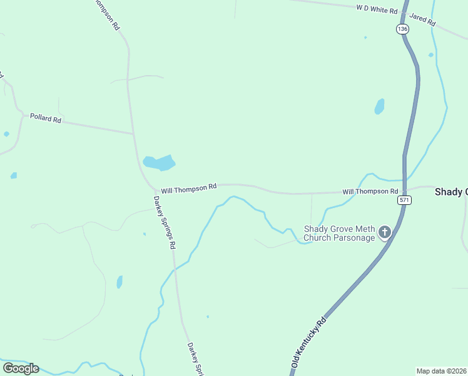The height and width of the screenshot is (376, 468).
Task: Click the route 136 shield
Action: [402, 29]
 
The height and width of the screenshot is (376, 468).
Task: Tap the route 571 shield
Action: [404, 200]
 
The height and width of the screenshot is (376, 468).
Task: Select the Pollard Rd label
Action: [46, 118]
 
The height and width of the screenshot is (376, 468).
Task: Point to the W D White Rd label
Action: [377, 9]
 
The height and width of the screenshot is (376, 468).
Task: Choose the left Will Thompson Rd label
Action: [188, 187]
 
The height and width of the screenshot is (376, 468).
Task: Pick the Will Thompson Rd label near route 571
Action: [370, 191]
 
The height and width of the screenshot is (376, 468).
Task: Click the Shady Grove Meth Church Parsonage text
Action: [339, 233]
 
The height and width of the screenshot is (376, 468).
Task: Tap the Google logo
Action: [21, 368]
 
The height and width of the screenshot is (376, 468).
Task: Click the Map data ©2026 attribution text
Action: [442, 371]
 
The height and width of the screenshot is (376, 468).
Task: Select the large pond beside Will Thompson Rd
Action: [159, 163]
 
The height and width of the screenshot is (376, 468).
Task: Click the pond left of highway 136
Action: [379, 107]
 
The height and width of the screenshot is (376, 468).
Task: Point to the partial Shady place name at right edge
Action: [451, 192]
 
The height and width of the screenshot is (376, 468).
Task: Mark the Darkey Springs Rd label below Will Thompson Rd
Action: [164, 222]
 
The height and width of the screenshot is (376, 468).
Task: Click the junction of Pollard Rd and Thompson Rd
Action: [133, 133]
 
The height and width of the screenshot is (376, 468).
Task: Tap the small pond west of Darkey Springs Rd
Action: [120, 282]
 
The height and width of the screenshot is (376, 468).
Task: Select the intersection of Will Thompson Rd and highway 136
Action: [405, 189]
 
